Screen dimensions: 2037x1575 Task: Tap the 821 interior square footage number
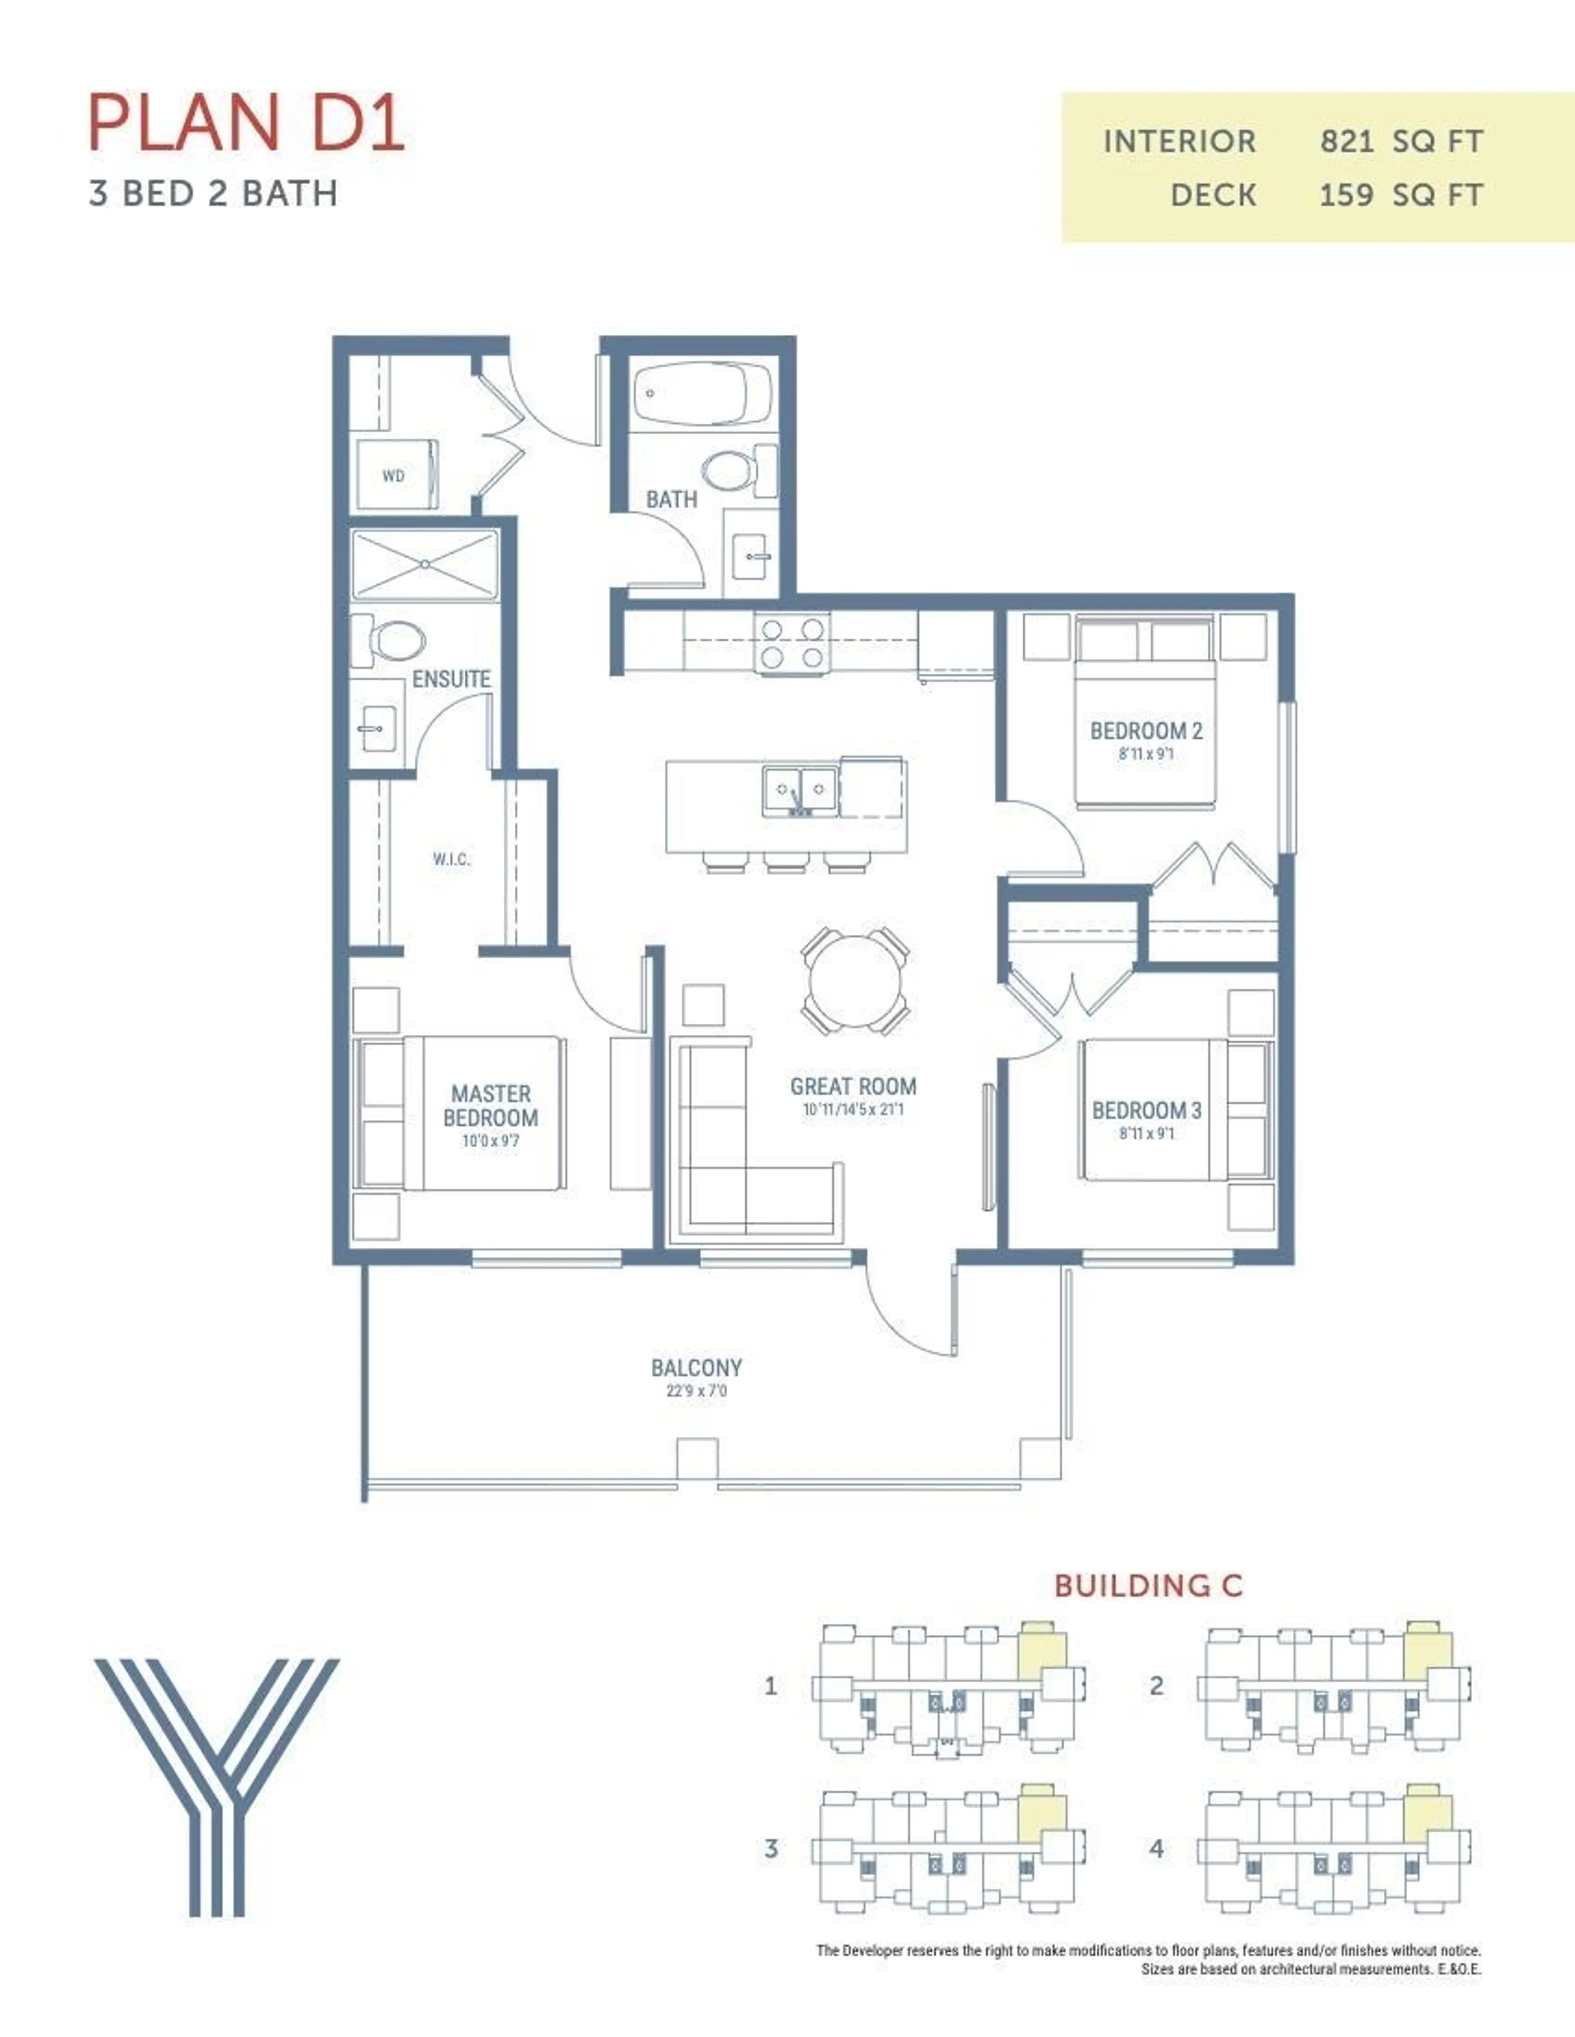[x=1345, y=142]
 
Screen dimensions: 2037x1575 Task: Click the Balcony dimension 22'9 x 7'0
[x=696, y=1391]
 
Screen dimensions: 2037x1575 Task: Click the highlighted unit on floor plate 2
[x=1428, y=1651]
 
